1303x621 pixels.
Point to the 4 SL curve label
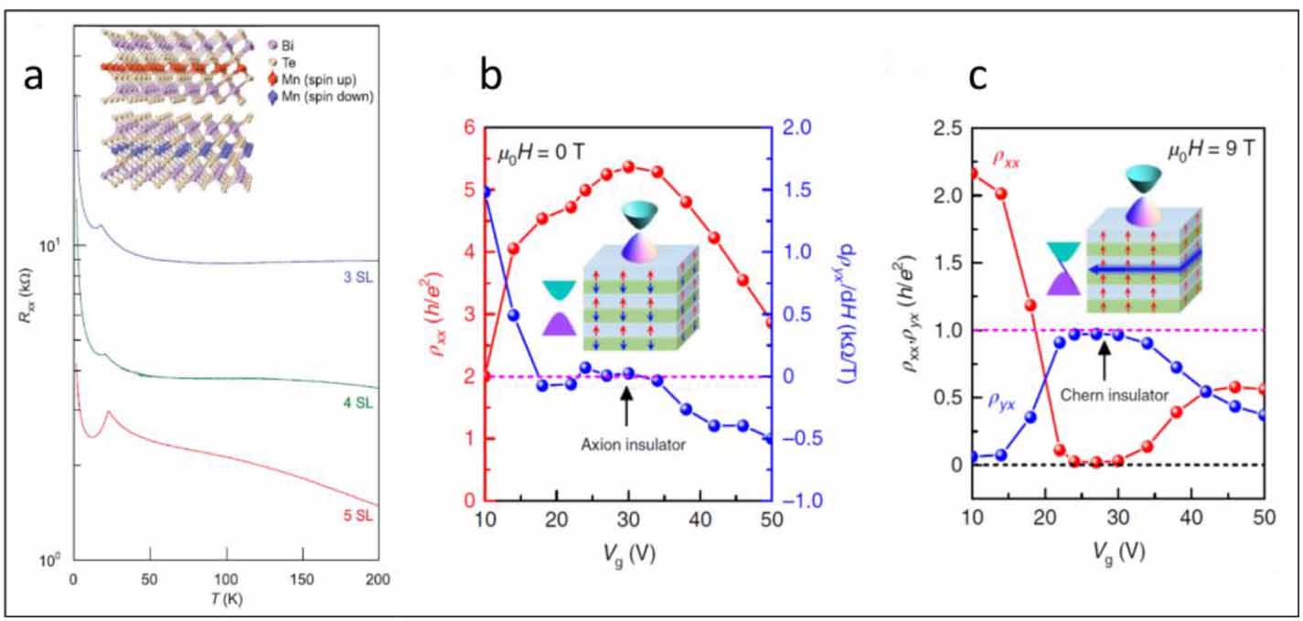pos(359,403)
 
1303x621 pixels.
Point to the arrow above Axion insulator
pos(626,408)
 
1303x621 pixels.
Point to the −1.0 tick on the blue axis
pos(808,501)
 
